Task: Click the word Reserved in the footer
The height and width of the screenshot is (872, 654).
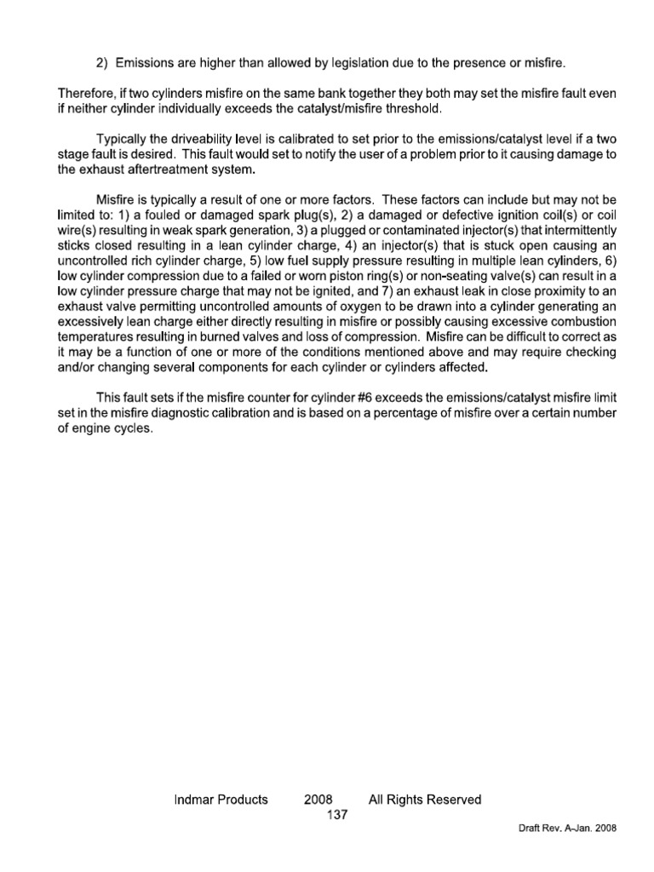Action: click(x=450, y=800)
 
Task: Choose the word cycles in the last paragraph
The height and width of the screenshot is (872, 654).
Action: click(x=134, y=428)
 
